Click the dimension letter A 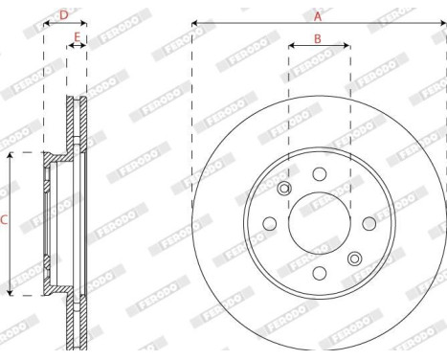click(x=318, y=16)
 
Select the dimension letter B click(x=318, y=39)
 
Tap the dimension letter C click(x=5, y=221)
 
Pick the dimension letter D click(x=64, y=14)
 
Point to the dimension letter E click(x=77, y=37)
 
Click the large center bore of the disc click(x=319, y=221)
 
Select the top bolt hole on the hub click(x=319, y=172)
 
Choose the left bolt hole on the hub click(x=269, y=222)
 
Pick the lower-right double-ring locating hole click(x=354, y=257)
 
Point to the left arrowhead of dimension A click(x=195, y=21)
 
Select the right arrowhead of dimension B click(x=346, y=44)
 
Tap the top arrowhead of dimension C click(x=11, y=155)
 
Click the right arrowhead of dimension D click(x=84, y=21)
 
